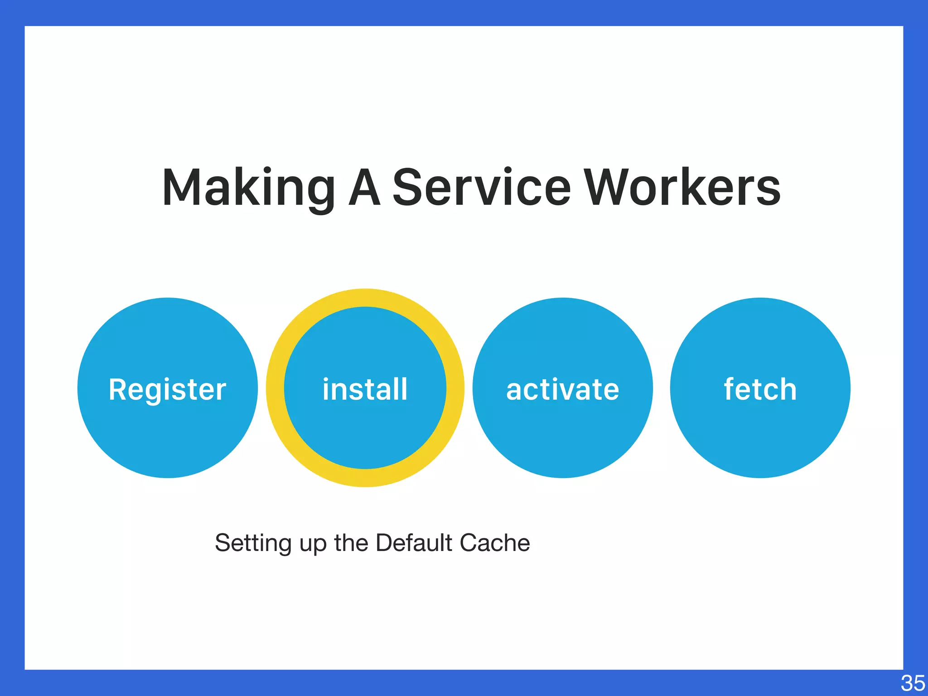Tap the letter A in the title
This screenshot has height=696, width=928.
pyautogui.click(x=364, y=187)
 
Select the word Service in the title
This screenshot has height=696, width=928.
pyautogui.click(x=481, y=187)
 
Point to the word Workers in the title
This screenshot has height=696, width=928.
pyautogui.click(x=682, y=187)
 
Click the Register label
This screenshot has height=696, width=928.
pyautogui.click(x=167, y=389)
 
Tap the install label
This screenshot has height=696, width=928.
pyautogui.click(x=365, y=389)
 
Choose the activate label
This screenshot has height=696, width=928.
pyautogui.click(x=562, y=389)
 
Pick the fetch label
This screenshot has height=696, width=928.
pyautogui.click(x=760, y=389)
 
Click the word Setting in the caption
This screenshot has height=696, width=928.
pyautogui.click(x=253, y=543)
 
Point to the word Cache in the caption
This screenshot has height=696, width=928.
pyautogui.click(x=495, y=542)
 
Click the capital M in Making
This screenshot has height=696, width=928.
pyautogui.click(x=181, y=187)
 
